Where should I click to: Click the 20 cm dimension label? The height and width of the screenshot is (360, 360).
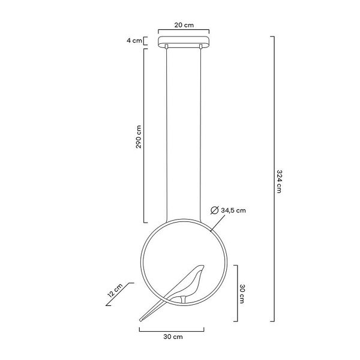coord(184,25)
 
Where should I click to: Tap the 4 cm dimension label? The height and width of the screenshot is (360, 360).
coord(134,41)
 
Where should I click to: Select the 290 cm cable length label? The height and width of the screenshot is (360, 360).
coord(139,137)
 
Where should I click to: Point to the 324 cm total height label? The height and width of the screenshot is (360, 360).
coord(279,181)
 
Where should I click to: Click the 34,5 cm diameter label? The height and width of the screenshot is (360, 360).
coord(233,211)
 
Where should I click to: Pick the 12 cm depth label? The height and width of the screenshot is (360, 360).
coord(115,290)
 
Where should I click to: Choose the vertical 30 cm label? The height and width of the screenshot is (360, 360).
coord(242,294)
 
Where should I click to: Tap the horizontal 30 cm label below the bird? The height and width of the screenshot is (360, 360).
coord(173,337)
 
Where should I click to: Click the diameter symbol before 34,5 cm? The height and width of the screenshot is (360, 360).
coord(214,211)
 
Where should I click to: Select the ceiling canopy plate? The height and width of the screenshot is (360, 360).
coord(184,41)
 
